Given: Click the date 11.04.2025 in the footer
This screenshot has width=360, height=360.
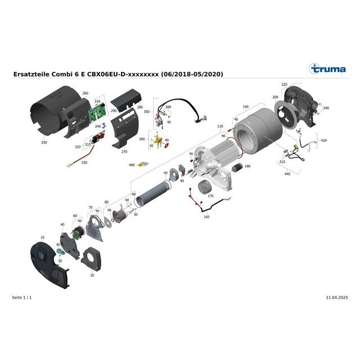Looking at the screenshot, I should pos(336,296).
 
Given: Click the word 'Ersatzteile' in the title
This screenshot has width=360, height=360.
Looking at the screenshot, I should pos(30,74).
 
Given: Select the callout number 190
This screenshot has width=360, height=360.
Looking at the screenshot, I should pos(245,106).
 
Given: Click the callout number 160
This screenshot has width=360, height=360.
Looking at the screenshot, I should pos(206,217).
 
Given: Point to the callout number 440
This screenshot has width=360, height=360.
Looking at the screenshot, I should pos(287,174).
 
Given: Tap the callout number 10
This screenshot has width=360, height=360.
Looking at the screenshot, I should pos(41,238).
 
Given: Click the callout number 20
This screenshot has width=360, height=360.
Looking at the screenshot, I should pos(92,276).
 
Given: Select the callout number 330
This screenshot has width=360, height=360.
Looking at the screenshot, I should pos(84,163).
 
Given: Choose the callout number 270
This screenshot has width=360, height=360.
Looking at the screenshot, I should pos(124,152).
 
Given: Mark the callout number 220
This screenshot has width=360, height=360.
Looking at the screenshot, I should pos(284,84).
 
